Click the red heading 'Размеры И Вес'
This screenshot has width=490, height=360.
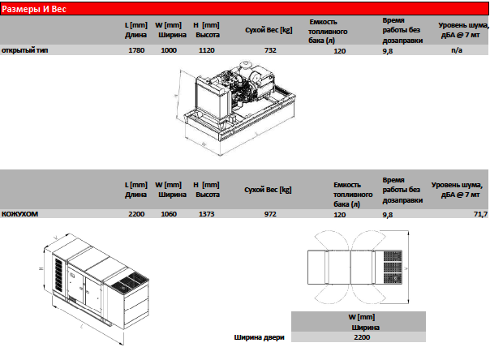33,8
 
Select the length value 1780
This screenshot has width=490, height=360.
136,50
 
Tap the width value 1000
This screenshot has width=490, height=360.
169,50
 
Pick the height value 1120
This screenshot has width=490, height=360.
205,50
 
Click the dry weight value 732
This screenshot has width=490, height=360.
270,50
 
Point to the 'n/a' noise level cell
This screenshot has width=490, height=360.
456,50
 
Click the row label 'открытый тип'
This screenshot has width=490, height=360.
23,50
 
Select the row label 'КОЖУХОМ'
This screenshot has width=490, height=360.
20,213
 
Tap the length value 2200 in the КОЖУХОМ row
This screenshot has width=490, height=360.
136,213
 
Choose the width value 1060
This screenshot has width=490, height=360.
169,213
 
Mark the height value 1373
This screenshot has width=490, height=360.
205,213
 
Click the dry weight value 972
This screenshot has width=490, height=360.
270,213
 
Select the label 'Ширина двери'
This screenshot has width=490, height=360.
259,336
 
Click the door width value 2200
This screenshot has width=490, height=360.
363,336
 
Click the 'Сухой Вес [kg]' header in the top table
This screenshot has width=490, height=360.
269,29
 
